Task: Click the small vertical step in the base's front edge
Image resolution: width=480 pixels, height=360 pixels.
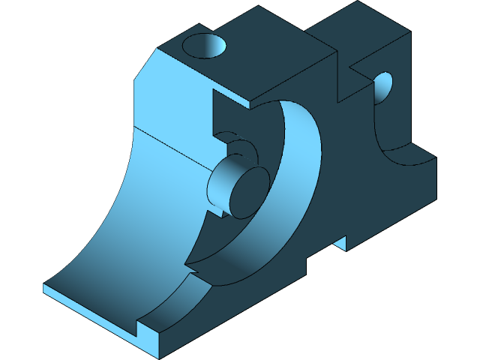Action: [138, 327]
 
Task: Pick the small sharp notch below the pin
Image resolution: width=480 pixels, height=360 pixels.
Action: [219, 214]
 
